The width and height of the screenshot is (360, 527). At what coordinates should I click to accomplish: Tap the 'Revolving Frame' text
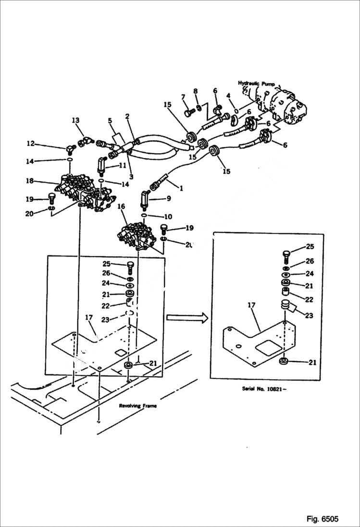coord(138,405)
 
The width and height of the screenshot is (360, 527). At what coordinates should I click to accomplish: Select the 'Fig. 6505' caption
coord(322,519)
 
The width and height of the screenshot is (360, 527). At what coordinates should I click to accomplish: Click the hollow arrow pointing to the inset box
coord(187,317)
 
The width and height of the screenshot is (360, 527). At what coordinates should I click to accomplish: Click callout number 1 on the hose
coord(181,189)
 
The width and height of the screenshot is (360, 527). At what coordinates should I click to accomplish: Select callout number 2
coord(127,116)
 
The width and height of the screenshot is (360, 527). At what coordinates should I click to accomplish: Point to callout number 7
coord(183,98)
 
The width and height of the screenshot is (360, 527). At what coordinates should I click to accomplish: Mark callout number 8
coord(196,91)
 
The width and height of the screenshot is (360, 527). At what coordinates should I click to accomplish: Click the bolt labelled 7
coord(188,113)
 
